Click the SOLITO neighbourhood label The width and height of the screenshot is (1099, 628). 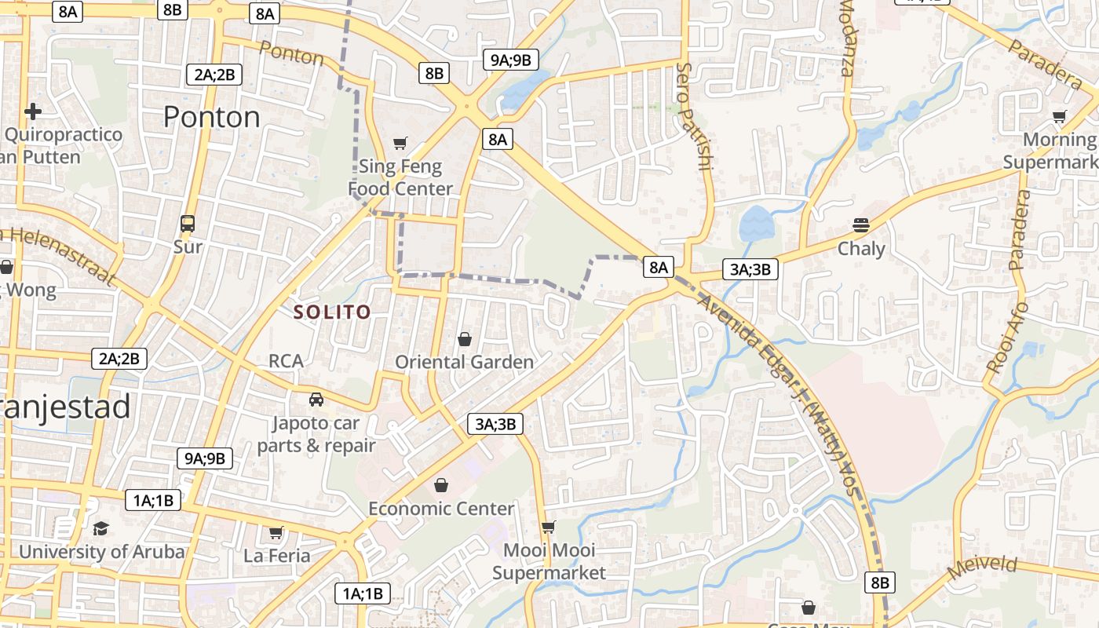331,312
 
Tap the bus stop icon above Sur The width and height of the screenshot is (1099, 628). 188,223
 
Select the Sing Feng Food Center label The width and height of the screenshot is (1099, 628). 400,177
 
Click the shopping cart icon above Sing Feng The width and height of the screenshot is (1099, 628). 400,143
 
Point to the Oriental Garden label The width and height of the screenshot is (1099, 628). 464,362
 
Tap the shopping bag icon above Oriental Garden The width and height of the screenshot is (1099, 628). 465,339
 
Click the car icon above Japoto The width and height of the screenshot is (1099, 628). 316,399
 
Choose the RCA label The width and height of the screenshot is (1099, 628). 286,361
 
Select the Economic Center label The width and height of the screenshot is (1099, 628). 441,509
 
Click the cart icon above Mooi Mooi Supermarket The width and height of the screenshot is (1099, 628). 549,527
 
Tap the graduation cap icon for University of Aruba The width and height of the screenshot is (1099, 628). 100,528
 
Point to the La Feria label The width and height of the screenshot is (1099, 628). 277,556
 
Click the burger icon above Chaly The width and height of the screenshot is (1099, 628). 861,225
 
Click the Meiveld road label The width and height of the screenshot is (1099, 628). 982,567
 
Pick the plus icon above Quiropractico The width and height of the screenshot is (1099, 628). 32,111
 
